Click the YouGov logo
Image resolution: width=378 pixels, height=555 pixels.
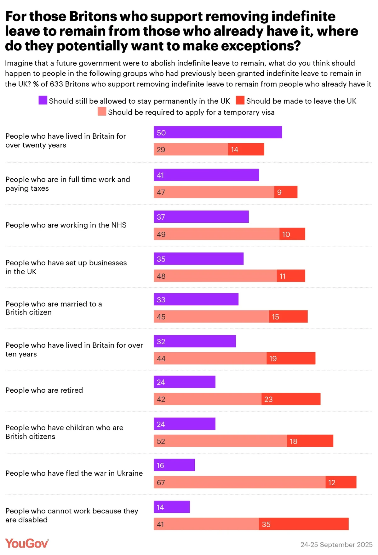click(27, 543)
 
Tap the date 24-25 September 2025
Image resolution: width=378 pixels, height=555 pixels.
click(336, 545)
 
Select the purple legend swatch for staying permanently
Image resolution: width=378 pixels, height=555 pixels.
click(43, 101)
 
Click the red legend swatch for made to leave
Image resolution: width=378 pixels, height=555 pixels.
click(240, 101)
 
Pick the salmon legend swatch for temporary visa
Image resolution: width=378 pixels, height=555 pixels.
click(102, 112)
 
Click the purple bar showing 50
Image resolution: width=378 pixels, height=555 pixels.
click(218, 132)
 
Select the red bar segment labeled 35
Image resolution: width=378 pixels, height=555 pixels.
click(304, 524)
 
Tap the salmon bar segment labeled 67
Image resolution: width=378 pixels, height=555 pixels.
click(239, 482)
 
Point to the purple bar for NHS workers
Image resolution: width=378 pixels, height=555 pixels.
click(201, 217)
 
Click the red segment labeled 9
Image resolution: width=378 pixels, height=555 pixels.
click(286, 192)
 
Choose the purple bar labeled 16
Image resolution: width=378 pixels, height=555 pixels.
click(174, 465)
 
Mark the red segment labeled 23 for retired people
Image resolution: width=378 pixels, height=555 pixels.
click(291, 399)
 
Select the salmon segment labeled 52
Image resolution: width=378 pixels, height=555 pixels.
click(220, 441)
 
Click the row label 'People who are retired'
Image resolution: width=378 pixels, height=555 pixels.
click(44, 390)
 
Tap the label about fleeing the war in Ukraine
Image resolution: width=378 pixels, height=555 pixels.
click(74, 473)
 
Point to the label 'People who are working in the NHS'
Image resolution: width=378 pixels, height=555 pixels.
click(66, 225)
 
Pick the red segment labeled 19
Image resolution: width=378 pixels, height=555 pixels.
click(291, 358)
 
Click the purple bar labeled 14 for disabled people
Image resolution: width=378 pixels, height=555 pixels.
click(172, 507)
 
